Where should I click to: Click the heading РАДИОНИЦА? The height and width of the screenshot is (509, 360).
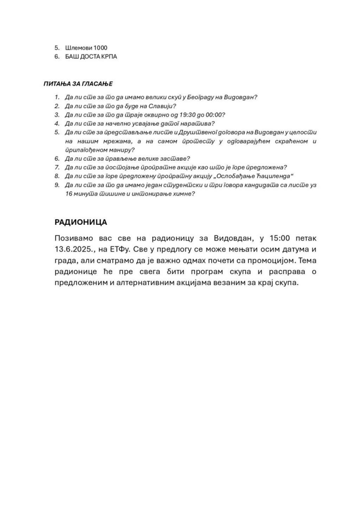coord(81,222)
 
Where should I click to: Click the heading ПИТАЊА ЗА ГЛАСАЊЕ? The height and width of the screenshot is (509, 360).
coord(78,84)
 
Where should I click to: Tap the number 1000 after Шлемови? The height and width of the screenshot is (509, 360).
coord(100,48)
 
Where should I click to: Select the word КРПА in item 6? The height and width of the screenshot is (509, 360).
coord(110,57)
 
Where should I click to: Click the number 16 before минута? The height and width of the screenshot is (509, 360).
coord(69,194)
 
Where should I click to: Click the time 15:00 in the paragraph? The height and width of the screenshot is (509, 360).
coord(280,238)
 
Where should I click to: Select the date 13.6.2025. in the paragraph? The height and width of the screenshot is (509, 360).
coord(73,249)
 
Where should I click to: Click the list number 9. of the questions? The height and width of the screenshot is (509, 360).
coord(57,185)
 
